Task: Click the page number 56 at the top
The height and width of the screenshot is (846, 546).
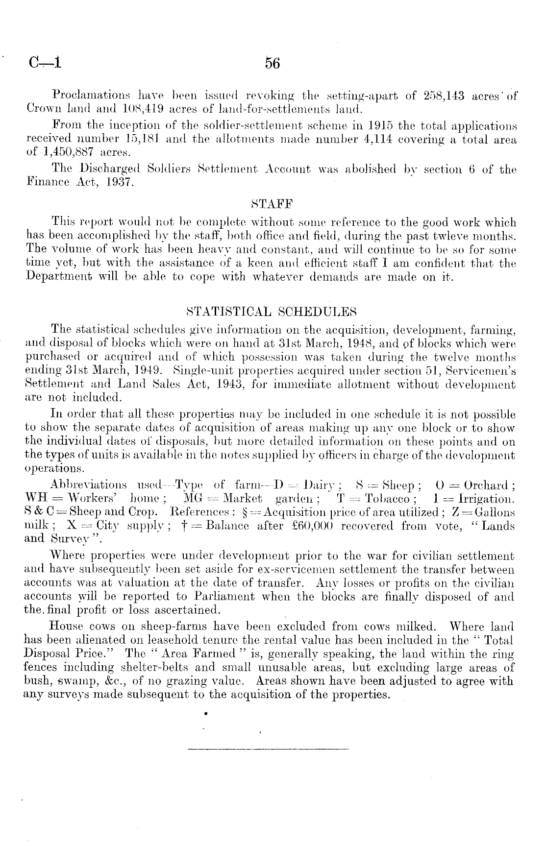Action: coord(272,63)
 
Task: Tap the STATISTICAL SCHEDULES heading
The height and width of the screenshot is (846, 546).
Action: coord(272,312)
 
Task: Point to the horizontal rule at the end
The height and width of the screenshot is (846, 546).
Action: coord(268,749)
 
